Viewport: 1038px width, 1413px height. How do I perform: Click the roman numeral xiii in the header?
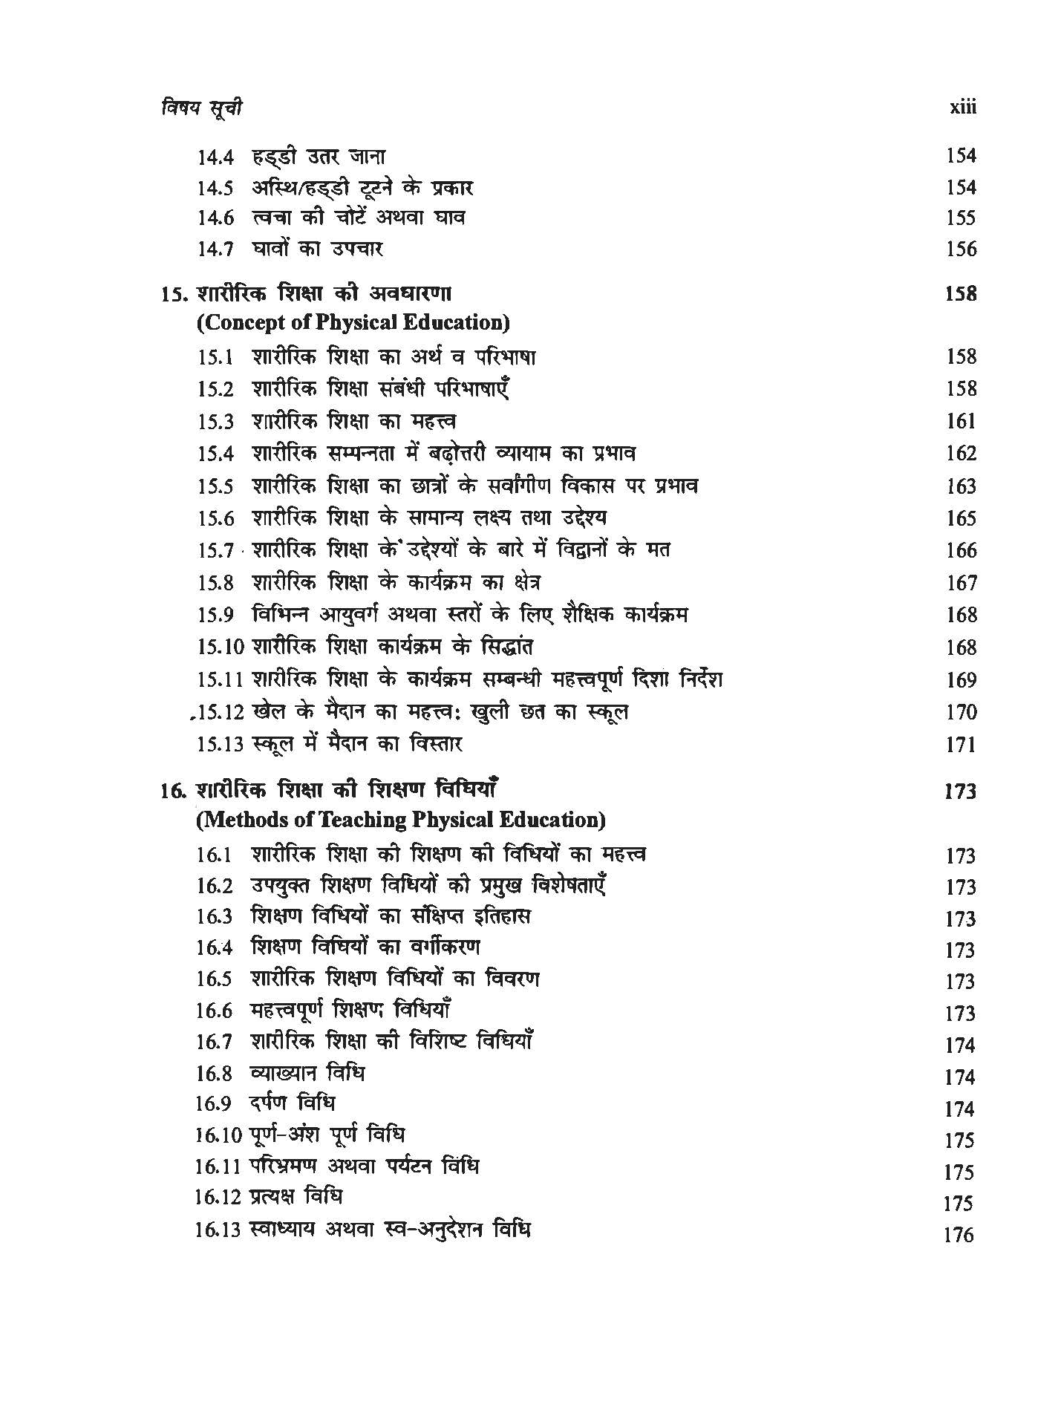[963, 108]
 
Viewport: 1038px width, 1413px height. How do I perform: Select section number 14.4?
[215, 157]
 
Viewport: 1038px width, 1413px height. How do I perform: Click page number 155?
[961, 218]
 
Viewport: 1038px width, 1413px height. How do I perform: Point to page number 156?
[961, 249]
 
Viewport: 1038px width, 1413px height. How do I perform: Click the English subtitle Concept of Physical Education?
[353, 323]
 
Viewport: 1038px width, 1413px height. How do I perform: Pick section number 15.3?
[215, 422]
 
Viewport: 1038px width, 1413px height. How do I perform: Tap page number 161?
[961, 422]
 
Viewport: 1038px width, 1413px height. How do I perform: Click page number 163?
[961, 486]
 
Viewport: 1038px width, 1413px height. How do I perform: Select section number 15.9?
[215, 616]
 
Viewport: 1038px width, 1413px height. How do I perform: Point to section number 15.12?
[221, 713]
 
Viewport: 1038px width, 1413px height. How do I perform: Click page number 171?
[961, 745]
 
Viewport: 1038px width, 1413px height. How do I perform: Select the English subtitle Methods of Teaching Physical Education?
[401, 820]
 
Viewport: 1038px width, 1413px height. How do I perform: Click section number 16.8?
[215, 1074]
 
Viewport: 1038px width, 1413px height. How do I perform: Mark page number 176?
[958, 1236]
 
